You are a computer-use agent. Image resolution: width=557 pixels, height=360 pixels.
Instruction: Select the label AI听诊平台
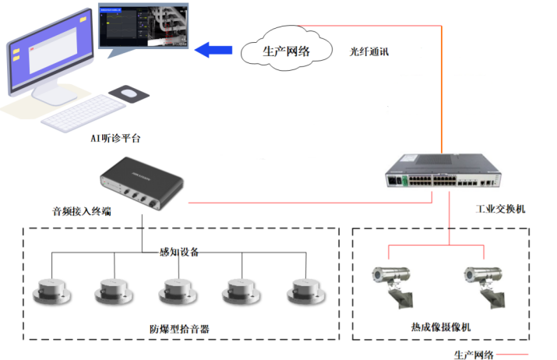(x=115, y=138)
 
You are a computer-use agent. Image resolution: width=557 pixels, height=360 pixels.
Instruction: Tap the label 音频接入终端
(x=79, y=210)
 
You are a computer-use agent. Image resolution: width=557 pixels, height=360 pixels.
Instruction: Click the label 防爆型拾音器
(x=179, y=329)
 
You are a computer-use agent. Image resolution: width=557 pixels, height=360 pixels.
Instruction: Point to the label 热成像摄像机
(x=440, y=327)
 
